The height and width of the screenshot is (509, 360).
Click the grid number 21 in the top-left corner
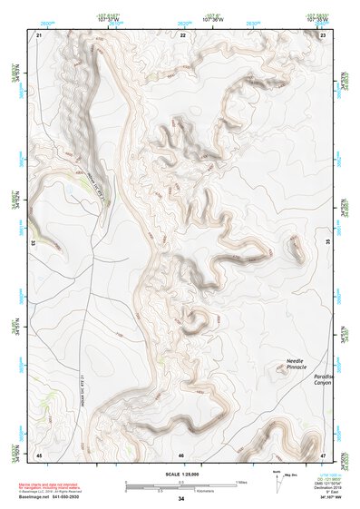point(39,34)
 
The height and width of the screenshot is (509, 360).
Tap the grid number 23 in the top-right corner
point(324,34)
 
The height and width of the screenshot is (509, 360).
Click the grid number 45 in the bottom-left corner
point(39,454)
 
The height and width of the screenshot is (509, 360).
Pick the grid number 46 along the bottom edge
point(181,454)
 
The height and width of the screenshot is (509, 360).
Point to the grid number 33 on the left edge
point(34,243)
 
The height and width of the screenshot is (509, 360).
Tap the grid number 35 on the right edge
point(328,243)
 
